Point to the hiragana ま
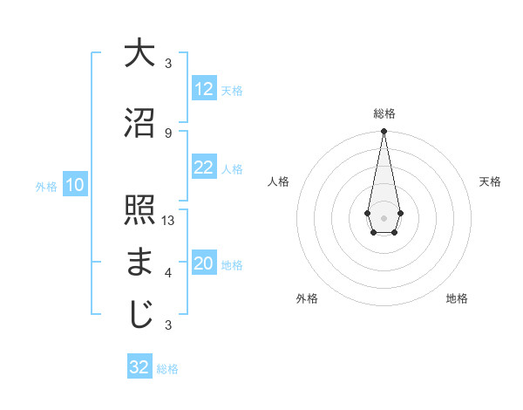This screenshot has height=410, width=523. click(139, 263)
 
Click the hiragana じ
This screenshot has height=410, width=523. click(139, 315)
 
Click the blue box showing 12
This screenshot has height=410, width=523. click(204, 90)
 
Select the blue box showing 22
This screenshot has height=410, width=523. click(204, 168)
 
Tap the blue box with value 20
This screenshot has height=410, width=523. click(204, 264)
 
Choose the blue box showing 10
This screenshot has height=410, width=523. click(75, 186)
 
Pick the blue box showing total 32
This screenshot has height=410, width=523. click(139, 367)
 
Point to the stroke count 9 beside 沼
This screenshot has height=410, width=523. click(168, 133)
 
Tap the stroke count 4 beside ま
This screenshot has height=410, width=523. click(168, 273)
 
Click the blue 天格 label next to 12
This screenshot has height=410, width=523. click(232, 91)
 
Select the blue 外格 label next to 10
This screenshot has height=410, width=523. click(46, 187)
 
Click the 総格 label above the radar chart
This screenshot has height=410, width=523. click(384, 113)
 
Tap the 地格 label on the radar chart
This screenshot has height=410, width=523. click(457, 299)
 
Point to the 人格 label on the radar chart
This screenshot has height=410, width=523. click(279, 181)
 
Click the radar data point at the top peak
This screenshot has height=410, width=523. click(384, 132)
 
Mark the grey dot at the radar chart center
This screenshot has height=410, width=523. click(384, 216)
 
